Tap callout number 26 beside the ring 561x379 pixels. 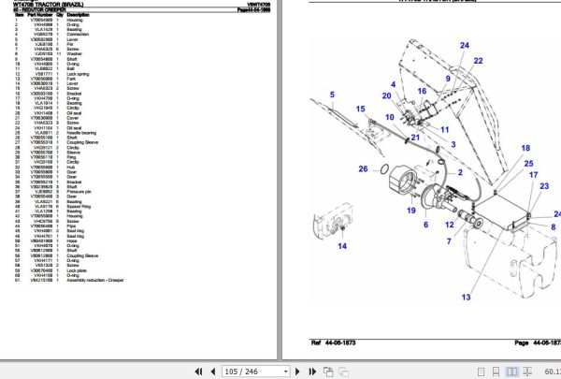pyautogui.click(x=363, y=169)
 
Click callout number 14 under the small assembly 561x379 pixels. pyautogui.click(x=342, y=246)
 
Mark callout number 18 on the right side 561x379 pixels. pyautogui.click(x=526, y=149)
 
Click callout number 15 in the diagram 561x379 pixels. pyautogui.click(x=359, y=109)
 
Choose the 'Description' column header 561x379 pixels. pyautogui.click(x=79, y=15)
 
